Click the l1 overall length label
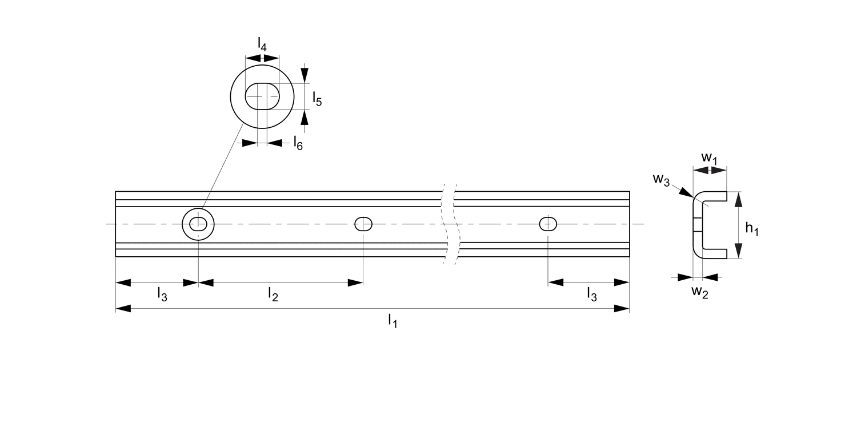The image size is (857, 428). click(x=392, y=321)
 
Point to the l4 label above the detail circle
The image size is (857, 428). click(x=262, y=44)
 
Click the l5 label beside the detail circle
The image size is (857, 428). click(x=317, y=100)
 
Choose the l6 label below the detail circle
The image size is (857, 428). click(x=298, y=143)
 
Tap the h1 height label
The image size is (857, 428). click(x=752, y=229)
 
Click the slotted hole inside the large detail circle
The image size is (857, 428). click(x=262, y=96)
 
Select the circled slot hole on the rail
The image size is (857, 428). click(x=198, y=224)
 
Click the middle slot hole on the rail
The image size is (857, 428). click(x=363, y=224)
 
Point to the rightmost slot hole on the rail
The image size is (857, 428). click(x=548, y=224)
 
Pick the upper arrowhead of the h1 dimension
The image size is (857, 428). click(x=738, y=200)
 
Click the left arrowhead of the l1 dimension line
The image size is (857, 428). click(x=123, y=309)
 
